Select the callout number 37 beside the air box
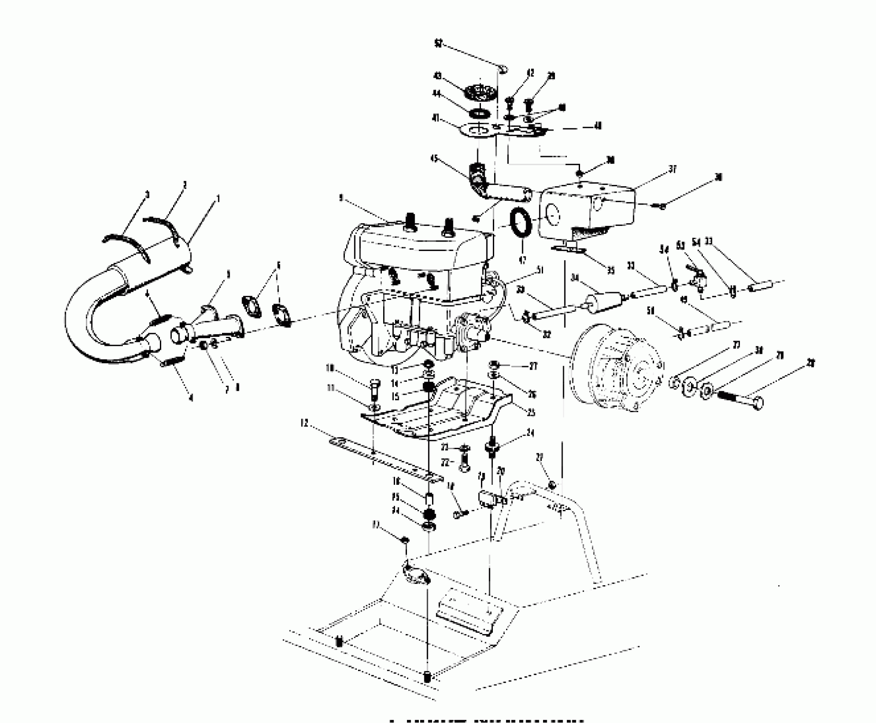672,170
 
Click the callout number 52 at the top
439,43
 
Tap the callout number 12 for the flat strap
304,424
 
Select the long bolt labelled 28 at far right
740,399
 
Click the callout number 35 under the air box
611,270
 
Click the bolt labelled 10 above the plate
375,387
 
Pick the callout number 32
547,335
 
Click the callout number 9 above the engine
341,198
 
